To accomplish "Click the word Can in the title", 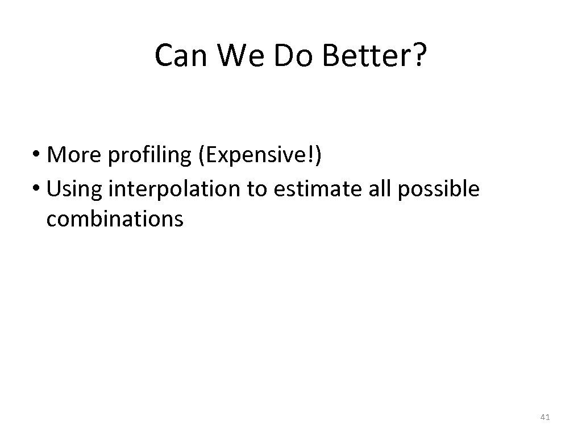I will tap(178, 56).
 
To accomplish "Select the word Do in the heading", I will tap(288, 56).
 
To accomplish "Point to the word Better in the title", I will tap(362, 56).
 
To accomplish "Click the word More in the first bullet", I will tap(71, 155).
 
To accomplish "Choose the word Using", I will tap(74, 188).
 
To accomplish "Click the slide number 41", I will tap(545, 418).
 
